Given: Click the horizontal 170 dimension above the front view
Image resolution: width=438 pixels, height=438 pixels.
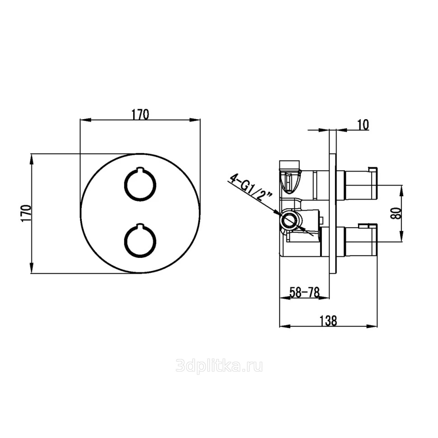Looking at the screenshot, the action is pyautogui.click(x=140, y=115).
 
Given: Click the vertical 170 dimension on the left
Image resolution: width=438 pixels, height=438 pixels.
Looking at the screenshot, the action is pyautogui.click(x=26, y=214).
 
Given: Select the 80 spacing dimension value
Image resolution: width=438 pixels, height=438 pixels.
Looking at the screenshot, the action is pyautogui.click(x=396, y=214).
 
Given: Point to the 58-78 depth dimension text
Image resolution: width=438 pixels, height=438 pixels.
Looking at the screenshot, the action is pyautogui.click(x=304, y=293).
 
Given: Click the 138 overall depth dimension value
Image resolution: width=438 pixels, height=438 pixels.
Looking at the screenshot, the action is pyautogui.click(x=328, y=321).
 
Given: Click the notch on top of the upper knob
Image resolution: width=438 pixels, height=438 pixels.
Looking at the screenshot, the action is pyautogui.click(x=140, y=169).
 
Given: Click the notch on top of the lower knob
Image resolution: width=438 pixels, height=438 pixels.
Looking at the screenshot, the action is pyautogui.click(x=140, y=225).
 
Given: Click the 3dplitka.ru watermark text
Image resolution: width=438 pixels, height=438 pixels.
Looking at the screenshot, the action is pyautogui.click(x=219, y=366).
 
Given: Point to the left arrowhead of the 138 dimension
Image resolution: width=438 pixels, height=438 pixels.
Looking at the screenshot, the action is pyautogui.click(x=284, y=326).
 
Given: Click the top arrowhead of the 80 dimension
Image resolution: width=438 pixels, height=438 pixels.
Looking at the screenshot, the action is pyautogui.click(x=402, y=189).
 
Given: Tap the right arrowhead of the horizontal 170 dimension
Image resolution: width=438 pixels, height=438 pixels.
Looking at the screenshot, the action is pyautogui.click(x=196, y=120).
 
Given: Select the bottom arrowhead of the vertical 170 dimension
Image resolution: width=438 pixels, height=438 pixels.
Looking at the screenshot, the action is pyautogui.click(x=32, y=269).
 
